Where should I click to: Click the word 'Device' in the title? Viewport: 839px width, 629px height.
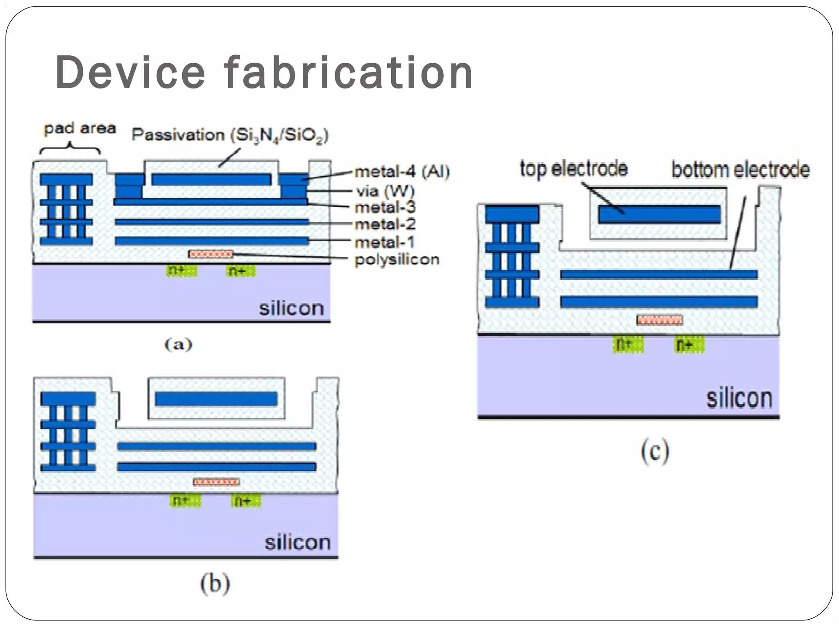point(130,73)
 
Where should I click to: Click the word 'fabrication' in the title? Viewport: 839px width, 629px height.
point(349,73)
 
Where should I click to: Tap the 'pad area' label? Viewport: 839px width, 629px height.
point(80,129)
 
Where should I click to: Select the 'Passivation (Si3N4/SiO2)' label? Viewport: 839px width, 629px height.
point(230,135)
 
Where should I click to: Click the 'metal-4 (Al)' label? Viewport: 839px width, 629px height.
point(402,172)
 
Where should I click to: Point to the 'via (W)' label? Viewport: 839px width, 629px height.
point(385,191)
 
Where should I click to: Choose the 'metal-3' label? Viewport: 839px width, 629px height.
point(385,207)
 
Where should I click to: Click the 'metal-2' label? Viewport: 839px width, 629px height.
point(385,224)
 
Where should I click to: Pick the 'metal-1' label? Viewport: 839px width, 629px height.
point(384,242)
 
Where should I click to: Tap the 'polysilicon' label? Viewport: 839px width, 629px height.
point(397,260)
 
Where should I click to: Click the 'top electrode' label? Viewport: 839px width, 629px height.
point(574,169)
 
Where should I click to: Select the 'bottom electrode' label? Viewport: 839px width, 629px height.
point(740,170)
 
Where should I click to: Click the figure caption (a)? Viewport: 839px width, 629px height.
point(178,344)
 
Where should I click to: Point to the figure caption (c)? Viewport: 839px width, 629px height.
point(655,451)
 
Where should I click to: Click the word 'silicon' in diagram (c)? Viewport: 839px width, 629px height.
point(739,398)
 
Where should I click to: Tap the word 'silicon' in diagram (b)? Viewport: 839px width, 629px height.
point(297,543)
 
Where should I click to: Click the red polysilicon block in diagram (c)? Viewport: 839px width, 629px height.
point(660,320)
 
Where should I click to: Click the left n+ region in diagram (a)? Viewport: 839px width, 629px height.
point(181,271)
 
